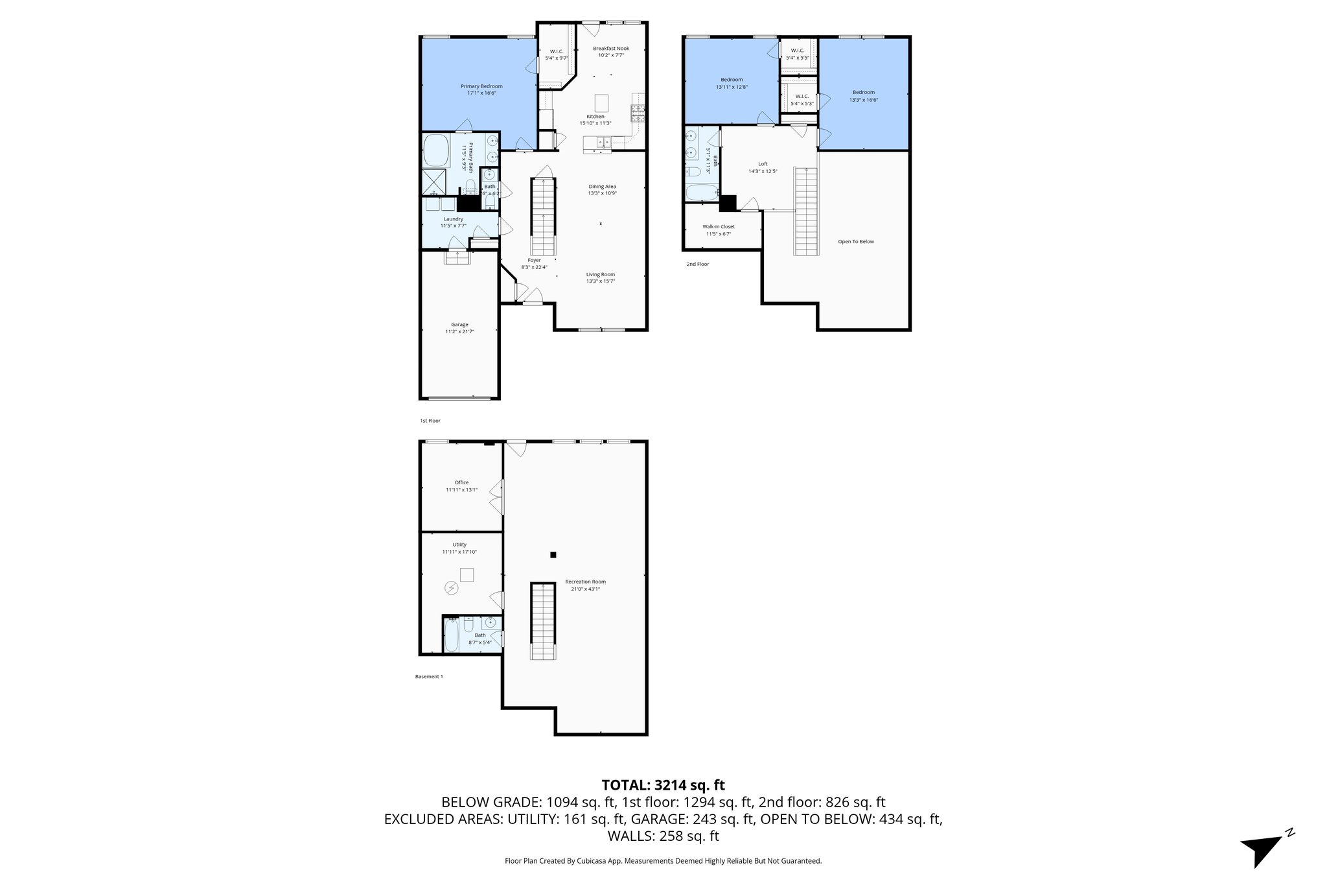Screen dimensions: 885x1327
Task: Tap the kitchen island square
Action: click(602, 102)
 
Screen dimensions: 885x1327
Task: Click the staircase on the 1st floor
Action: click(544, 217)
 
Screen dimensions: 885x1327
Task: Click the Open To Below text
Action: click(855, 242)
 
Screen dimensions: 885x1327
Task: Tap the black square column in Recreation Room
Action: click(553, 555)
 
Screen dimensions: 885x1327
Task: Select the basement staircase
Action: click(544, 621)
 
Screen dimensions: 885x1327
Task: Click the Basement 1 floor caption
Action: click(429, 677)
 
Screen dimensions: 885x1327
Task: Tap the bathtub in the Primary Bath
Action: click(437, 151)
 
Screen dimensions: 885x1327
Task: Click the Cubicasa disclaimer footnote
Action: click(663, 861)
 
